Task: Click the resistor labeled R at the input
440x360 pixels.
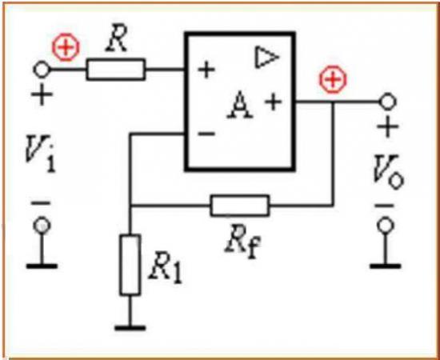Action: click(116, 70)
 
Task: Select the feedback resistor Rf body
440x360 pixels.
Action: click(240, 206)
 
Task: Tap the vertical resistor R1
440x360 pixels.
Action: click(130, 265)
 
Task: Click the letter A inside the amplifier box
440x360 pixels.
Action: click(239, 104)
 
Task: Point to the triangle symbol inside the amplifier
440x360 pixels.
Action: click(266, 58)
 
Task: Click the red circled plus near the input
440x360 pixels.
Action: click(66, 47)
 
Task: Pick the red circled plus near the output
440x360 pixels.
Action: click(333, 80)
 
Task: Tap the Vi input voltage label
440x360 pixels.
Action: click(39, 154)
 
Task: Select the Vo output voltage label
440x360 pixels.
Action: click(389, 172)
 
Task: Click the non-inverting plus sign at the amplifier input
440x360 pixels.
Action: click(206, 70)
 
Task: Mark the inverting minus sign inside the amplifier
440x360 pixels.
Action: click(206, 134)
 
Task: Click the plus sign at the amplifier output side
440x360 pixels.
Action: click(274, 102)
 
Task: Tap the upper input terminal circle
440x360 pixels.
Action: click(42, 70)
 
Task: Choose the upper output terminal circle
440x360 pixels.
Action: click(387, 102)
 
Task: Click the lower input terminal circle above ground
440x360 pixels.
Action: click(42, 226)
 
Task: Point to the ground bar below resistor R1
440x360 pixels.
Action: click(130, 328)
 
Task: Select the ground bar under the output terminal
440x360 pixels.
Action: click(386, 266)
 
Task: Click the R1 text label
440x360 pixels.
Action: click(165, 268)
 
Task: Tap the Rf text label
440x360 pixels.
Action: click(243, 243)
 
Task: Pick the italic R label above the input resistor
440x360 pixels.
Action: click(117, 42)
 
